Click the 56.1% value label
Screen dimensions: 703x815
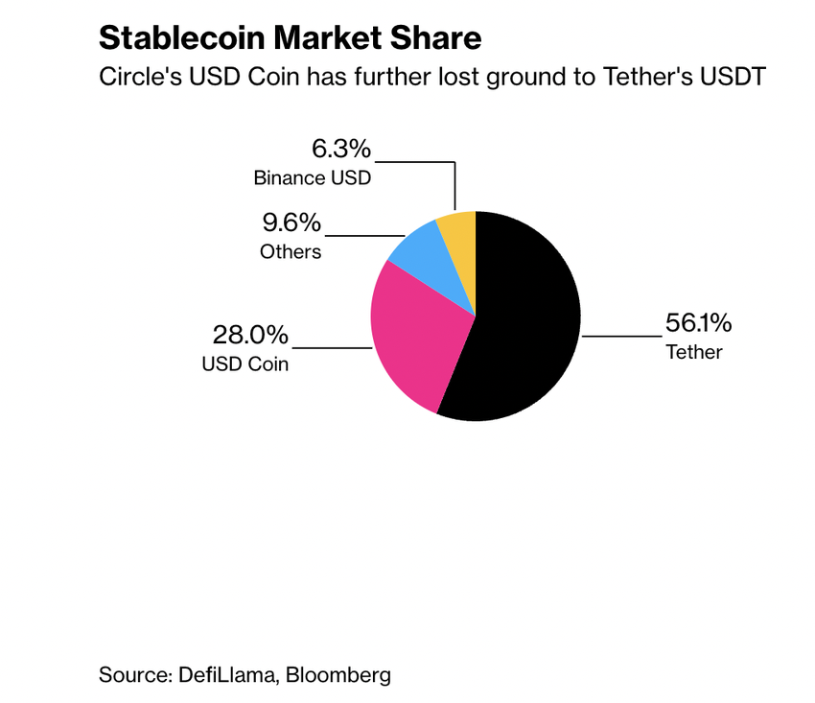pyautogui.click(x=693, y=323)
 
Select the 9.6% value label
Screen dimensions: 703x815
pyautogui.click(x=291, y=224)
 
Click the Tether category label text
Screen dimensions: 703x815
pyautogui.click(x=694, y=352)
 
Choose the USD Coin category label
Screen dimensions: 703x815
pyautogui.click(x=244, y=364)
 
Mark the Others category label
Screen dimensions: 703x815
pyautogui.click(x=291, y=253)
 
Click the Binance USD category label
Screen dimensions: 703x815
pyautogui.click(x=312, y=178)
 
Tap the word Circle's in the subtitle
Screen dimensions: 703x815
pyautogui.click(x=137, y=78)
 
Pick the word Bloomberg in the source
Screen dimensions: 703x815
pyautogui.click(x=340, y=674)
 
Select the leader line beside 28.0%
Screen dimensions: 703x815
pyautogui.click(x=331, y=348)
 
